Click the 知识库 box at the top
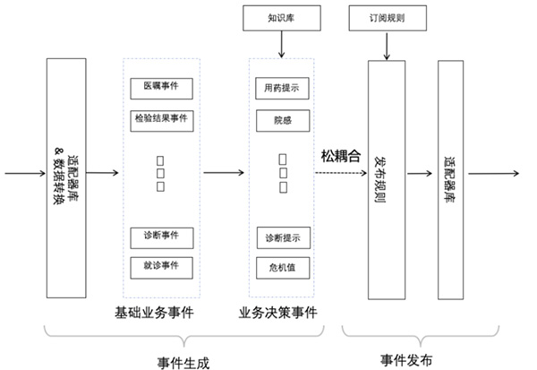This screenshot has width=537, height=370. point(282,16)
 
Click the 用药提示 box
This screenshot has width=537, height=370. point(281,89)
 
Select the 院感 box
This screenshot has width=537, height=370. point(281,118)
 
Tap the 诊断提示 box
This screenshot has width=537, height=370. point(281,238)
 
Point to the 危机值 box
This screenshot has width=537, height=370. point(281,267)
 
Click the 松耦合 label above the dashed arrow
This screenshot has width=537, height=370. point(340,156)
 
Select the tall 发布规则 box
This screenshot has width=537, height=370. point(386,179)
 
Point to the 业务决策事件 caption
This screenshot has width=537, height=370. point(277,313)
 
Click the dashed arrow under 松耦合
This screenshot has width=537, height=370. point(341,172)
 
